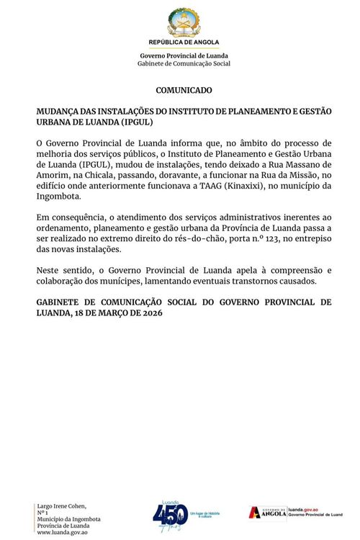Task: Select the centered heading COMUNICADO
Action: (184, 91)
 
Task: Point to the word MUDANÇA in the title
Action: (59, 112)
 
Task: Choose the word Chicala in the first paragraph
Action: (107, 175)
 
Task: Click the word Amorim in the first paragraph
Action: (52, 175)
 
